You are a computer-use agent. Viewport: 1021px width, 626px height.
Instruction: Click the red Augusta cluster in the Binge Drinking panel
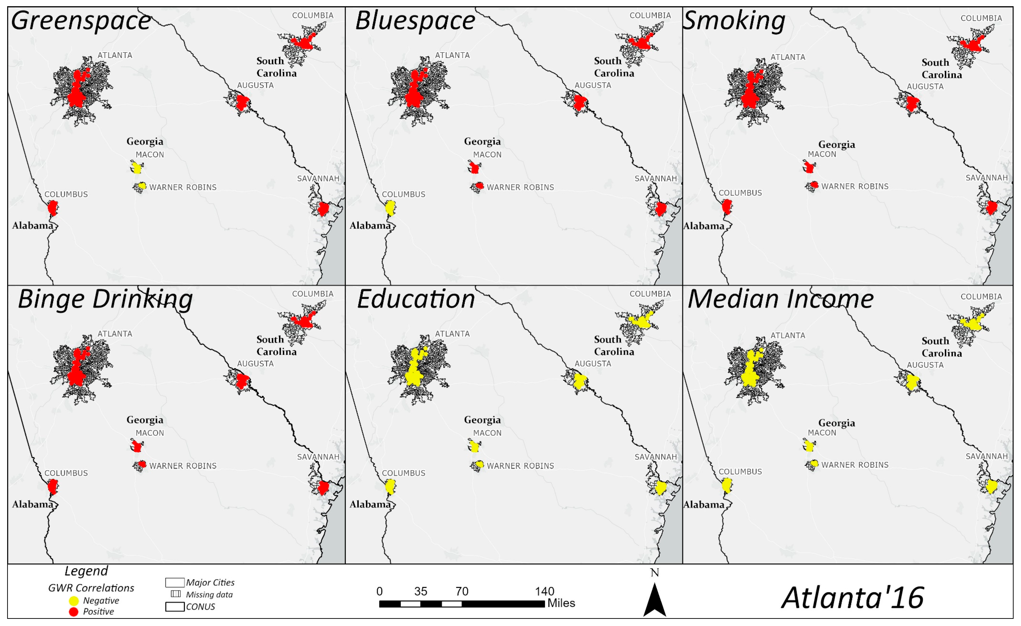click(242, 381)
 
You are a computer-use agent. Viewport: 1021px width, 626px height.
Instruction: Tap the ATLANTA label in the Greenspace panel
click(115, 55)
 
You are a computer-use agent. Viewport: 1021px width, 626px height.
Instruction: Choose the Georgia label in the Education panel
click(482, 420)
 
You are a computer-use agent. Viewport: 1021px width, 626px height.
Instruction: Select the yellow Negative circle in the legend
click(74, 601)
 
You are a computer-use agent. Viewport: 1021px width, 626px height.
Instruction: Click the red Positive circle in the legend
click(74, 612)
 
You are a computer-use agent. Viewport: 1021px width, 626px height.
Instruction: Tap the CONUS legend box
click(175, 607)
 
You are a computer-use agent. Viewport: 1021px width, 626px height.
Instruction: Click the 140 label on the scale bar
click(544, 591)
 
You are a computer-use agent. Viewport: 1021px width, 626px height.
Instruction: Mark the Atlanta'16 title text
click(853, 598)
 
